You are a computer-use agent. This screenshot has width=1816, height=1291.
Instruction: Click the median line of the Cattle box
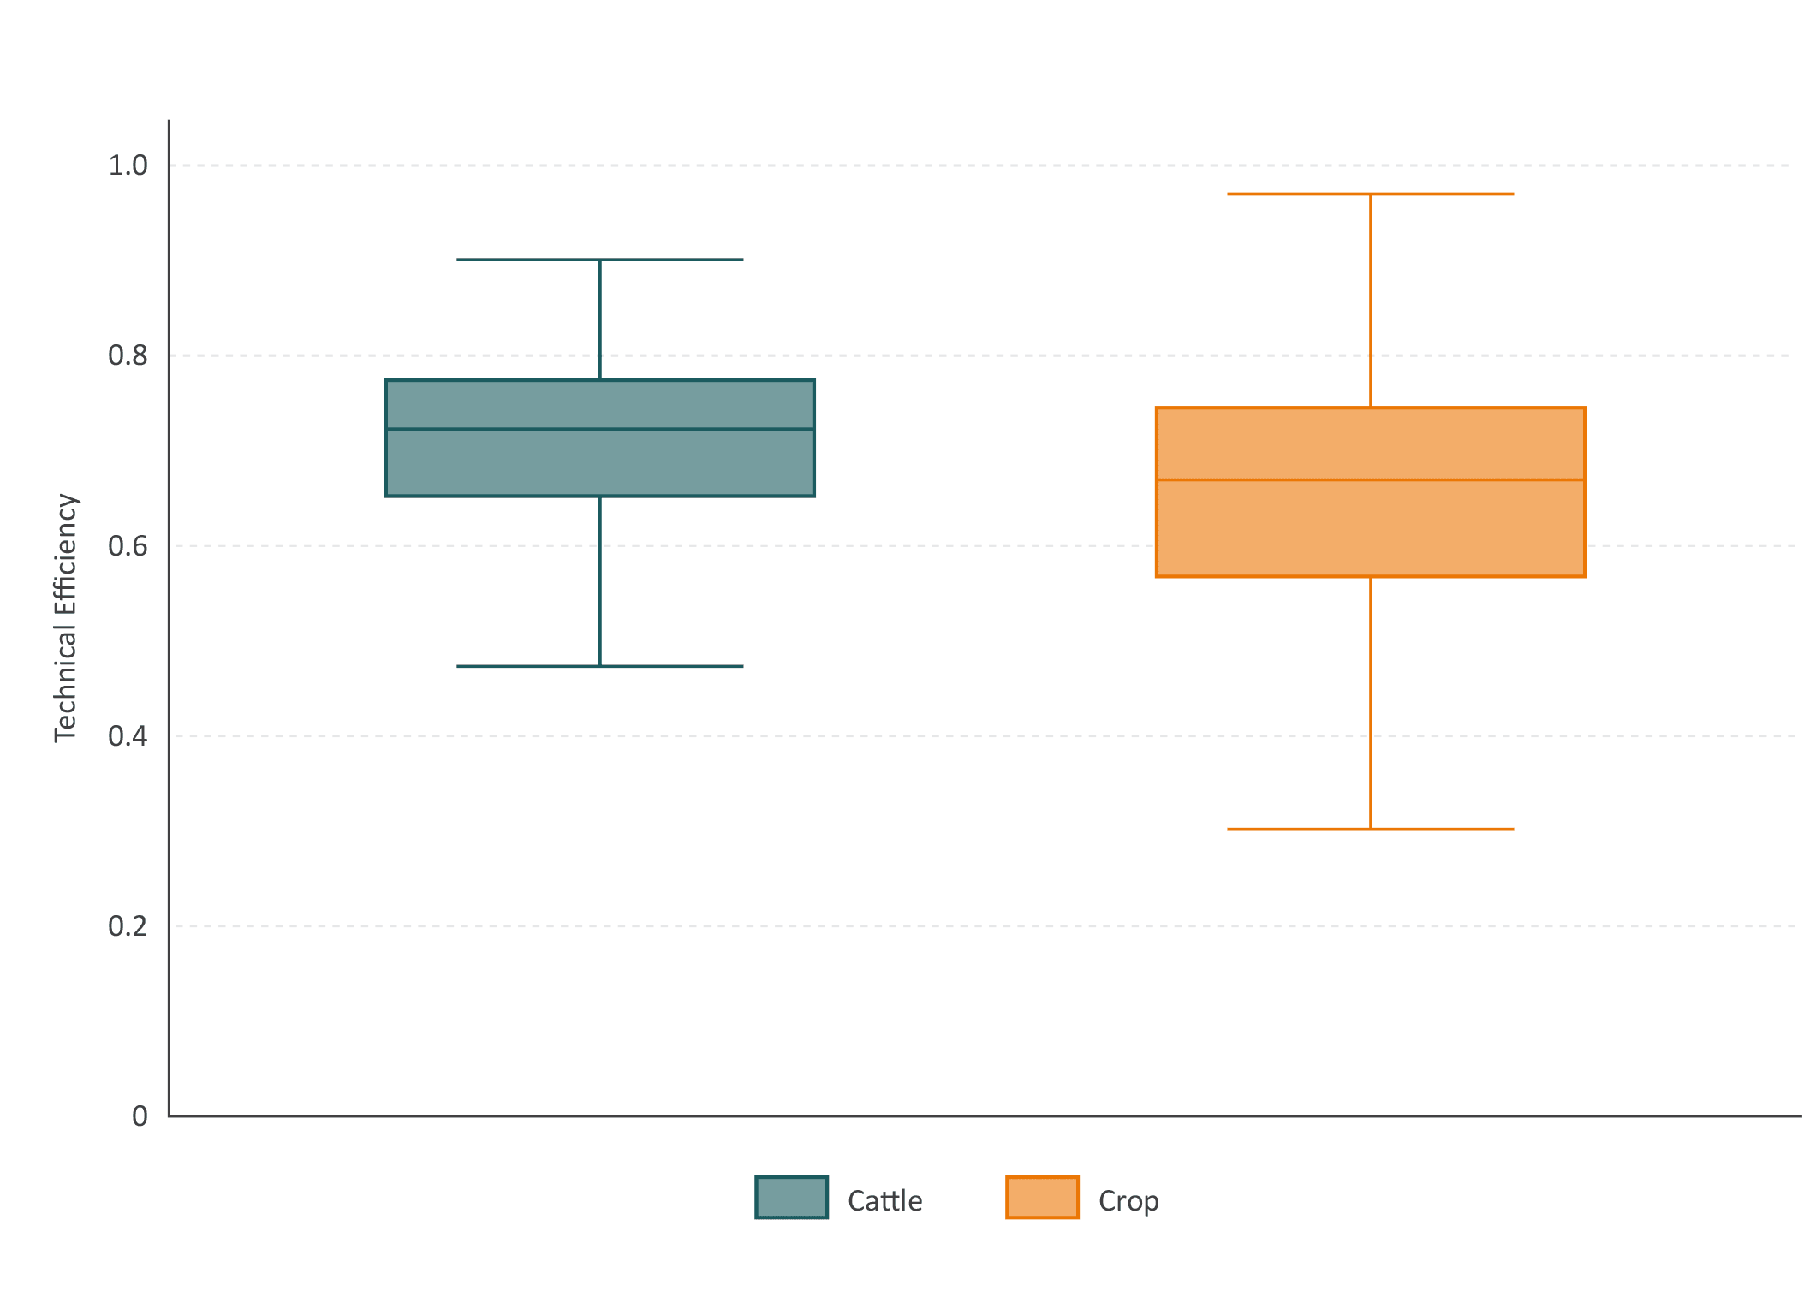pyautogui.click(x=600, y=429)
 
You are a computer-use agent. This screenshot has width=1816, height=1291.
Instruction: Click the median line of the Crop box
pyautogui.click(x=1371, y=479)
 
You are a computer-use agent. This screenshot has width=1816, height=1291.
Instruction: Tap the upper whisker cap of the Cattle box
pyautogui.click(x=600, y=259)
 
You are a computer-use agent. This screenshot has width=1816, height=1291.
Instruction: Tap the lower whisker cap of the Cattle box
pyautogui.click(x=600, y=666)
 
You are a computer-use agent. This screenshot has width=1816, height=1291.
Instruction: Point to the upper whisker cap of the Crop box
pyautogui.click(x=1371, y=194)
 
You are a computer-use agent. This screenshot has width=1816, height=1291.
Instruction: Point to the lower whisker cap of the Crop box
pyautogui.click(x=1371, y=830)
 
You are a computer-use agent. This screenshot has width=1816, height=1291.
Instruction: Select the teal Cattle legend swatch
pyautogui.click(x=792, y=1198)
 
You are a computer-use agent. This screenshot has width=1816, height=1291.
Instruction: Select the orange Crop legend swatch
pyautogui.click(x=1042, y=1198)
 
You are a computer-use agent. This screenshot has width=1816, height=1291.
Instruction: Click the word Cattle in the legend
pyautogui.click(x=885, y=1200)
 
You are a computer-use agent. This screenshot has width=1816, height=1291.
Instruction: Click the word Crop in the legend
pyautogui.click(x=1128, y=1201)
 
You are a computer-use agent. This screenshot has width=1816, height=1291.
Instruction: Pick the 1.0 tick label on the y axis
pyautogui.click(x=128, y=165)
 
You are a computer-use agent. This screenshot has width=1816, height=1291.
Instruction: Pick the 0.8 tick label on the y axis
pyautogui.click(x=128, y=355)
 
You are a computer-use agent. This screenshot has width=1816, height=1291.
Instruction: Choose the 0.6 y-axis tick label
pyautogui.click(x=128, y=545)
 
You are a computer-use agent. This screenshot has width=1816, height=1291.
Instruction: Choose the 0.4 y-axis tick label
pyautogui.click(x=128, y=735)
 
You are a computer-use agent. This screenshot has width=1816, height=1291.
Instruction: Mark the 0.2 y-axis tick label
pyautogui.click(x=128, y=925)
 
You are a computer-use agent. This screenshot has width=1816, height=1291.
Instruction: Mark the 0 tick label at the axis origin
pyautogui.click(x=140, y=1116)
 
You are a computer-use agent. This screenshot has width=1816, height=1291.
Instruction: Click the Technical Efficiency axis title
pyautogui.click(x=66, y=618)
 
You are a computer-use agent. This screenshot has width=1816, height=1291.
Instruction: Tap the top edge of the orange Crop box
pyautogui.click(x=1371, y=408)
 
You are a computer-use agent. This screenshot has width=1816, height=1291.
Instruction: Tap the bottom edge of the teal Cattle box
pyautogui.click(x=600, y=496)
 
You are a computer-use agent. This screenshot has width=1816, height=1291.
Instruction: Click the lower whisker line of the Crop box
pyautogui.click(x=1371, y=704)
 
